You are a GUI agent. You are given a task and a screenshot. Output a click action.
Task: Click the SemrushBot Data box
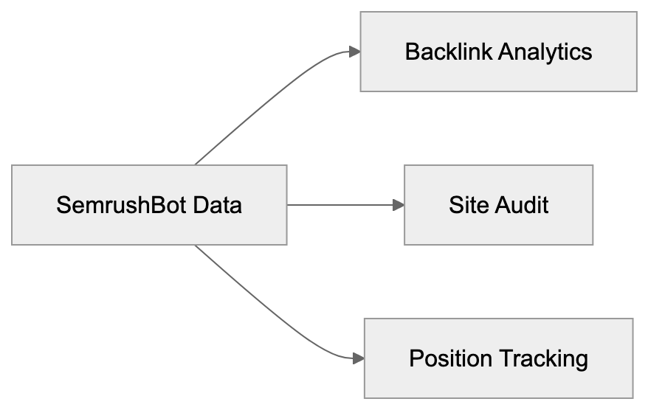pyautogui.click(x=149, y=204)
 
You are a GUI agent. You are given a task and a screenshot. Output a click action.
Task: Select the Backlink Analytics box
pyautogui.click(x=498, y=52)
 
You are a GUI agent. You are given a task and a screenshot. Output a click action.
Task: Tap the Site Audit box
pyautogui.click(x=498, y=204)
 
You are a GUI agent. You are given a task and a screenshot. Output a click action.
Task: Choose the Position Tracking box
pyautogui.click(x=498, y=358)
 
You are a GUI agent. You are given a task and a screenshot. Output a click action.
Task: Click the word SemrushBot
pyautogui.click(x=122, y=204)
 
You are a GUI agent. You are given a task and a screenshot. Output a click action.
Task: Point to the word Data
pyautogui.click(x=217, y=204)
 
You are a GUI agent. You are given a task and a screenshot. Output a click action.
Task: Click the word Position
pyautogui.click(x=450, y=359)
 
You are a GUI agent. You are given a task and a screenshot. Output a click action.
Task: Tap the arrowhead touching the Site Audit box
pyautogui.click(x=399, y=204)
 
